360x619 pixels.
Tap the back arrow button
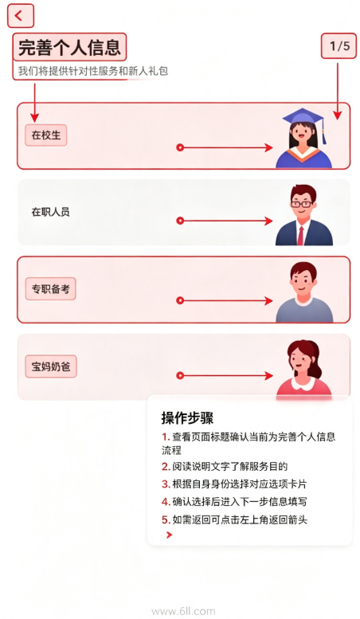coord(20,16)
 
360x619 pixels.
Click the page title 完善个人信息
coord(69,47)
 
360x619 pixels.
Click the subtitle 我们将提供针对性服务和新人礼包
coord(93,71)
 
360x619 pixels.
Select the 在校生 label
coord(46,135)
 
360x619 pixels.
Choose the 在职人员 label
coord(50,212)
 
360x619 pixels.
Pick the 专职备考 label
coord(50,289)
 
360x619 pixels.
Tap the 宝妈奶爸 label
coord(51,366)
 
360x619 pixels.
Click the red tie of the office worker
coord(301,236)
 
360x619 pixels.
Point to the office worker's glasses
coord(301,204)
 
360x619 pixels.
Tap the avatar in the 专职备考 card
coord(304,292)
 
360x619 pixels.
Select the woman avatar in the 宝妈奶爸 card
coord(304,368)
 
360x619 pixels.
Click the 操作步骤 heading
coord(187,418)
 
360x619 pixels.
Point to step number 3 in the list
coord(166,484)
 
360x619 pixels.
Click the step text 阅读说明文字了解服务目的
coord(230,466)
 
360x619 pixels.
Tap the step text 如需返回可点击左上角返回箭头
coord(240,519)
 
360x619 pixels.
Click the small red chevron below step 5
coord(170,535)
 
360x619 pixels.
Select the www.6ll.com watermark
coord(183,612)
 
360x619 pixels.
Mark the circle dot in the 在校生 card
coord(180,147)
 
